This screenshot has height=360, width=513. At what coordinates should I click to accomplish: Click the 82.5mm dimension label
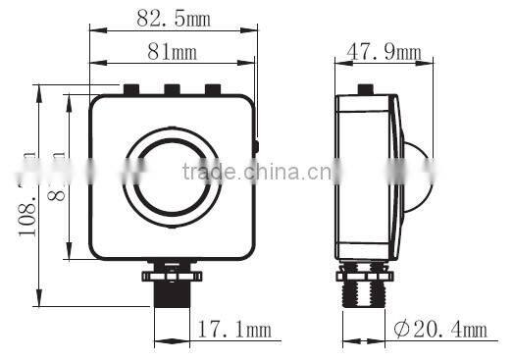click(174, 18)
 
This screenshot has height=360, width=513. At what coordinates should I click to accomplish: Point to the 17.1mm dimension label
click(233, 331)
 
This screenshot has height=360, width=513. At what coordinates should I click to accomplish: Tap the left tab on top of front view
click(129, 91)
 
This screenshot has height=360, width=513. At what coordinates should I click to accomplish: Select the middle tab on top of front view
click(172, 91)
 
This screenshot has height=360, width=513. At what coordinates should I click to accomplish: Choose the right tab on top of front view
click(213, 91)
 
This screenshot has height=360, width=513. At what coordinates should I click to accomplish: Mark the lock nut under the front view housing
click(173, 267)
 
